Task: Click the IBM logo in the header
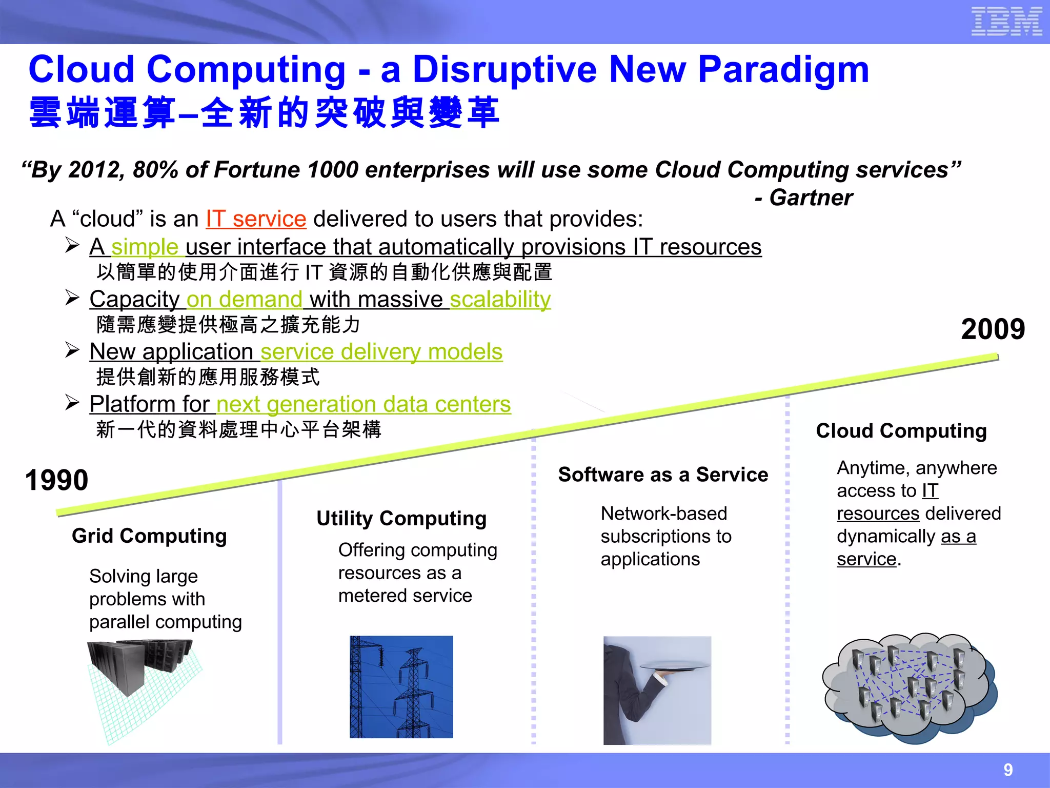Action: point(1006,22)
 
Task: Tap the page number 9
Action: point(1008,770)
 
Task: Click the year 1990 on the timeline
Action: point(56,480)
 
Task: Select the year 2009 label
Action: point(993,329)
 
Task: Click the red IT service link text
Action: point(256,219)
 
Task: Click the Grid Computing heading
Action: point(149,536)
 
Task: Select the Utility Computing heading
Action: point(401,518)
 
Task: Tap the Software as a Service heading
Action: point(663,475)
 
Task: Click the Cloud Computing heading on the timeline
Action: point(901,431)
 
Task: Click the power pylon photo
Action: point(401,686)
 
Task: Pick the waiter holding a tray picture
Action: point(657,690)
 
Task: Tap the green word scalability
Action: point(500,299)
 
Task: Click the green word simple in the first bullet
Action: point(145,247)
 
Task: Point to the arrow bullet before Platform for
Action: point(72,403)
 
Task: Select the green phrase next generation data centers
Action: point(364,404)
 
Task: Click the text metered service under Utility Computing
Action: point(405,596)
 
